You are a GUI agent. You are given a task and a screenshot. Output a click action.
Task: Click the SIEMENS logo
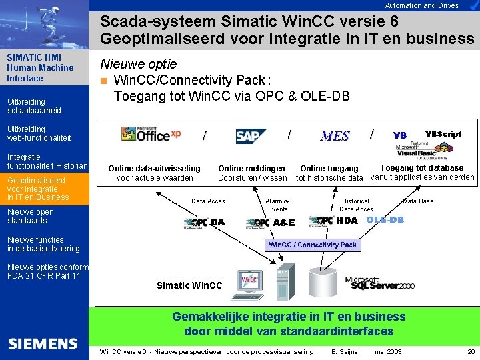coord(43,344)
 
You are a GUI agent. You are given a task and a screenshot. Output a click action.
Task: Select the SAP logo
coord(251,136)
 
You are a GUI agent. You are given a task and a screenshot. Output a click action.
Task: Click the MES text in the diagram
coord(335,136)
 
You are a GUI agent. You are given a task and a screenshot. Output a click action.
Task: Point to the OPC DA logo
coord(205,223)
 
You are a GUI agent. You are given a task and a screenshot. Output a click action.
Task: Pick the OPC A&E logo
coord(270,223)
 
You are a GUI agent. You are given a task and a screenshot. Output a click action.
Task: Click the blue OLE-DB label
coord(385,220)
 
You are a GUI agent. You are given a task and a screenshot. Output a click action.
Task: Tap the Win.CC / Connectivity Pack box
coord(313,245)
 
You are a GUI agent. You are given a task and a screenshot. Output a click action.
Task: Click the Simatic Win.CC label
coord(189,285)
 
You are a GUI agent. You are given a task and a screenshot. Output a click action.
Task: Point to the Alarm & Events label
coord(277,205)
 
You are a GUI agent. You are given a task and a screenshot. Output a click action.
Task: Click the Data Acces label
coord(208,201)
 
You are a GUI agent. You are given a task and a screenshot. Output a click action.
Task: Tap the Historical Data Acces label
coord(356,205)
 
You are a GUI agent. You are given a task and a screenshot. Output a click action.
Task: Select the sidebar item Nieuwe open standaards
coord(31,216)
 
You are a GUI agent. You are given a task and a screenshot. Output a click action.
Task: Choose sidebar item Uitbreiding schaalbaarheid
coord(34,106)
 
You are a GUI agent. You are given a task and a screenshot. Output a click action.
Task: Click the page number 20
coord(471,351)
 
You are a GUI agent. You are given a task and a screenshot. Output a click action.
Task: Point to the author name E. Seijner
coord(345,351)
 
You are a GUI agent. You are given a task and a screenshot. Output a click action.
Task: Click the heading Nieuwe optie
coord(138,64)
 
